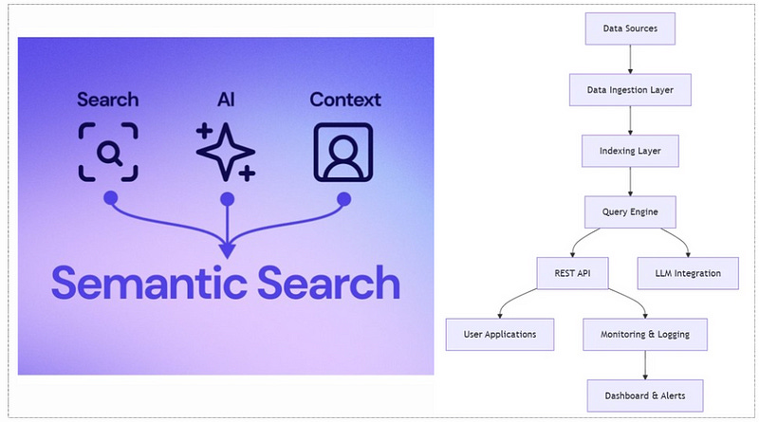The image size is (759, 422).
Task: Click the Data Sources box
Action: [x=630, y=28]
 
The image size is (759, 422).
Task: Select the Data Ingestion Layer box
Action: [x=630, y=90]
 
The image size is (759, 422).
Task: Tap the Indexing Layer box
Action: [x=630, y=151]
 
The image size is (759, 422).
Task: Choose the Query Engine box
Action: [x=630, y=212]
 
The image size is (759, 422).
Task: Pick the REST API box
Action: [x=572, y=274]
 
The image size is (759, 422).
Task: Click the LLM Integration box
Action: [x=688, y=274]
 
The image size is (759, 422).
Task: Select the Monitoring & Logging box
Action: [x=645, y=334]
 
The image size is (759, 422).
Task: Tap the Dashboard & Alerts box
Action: [x=645, y=394]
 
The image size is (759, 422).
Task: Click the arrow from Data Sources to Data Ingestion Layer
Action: [x=630, y=59]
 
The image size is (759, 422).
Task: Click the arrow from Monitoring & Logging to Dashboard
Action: [x=645, y=364]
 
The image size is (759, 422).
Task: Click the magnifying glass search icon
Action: [x=108, y=151]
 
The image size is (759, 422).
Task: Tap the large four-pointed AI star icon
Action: [x=225, y=151]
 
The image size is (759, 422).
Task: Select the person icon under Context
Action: [x=343, y=151]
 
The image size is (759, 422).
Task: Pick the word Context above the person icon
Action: [x=345, y=100]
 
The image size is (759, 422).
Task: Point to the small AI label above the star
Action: [x=226, y=100]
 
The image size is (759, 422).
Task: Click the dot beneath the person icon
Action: [x=343, y=198]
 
